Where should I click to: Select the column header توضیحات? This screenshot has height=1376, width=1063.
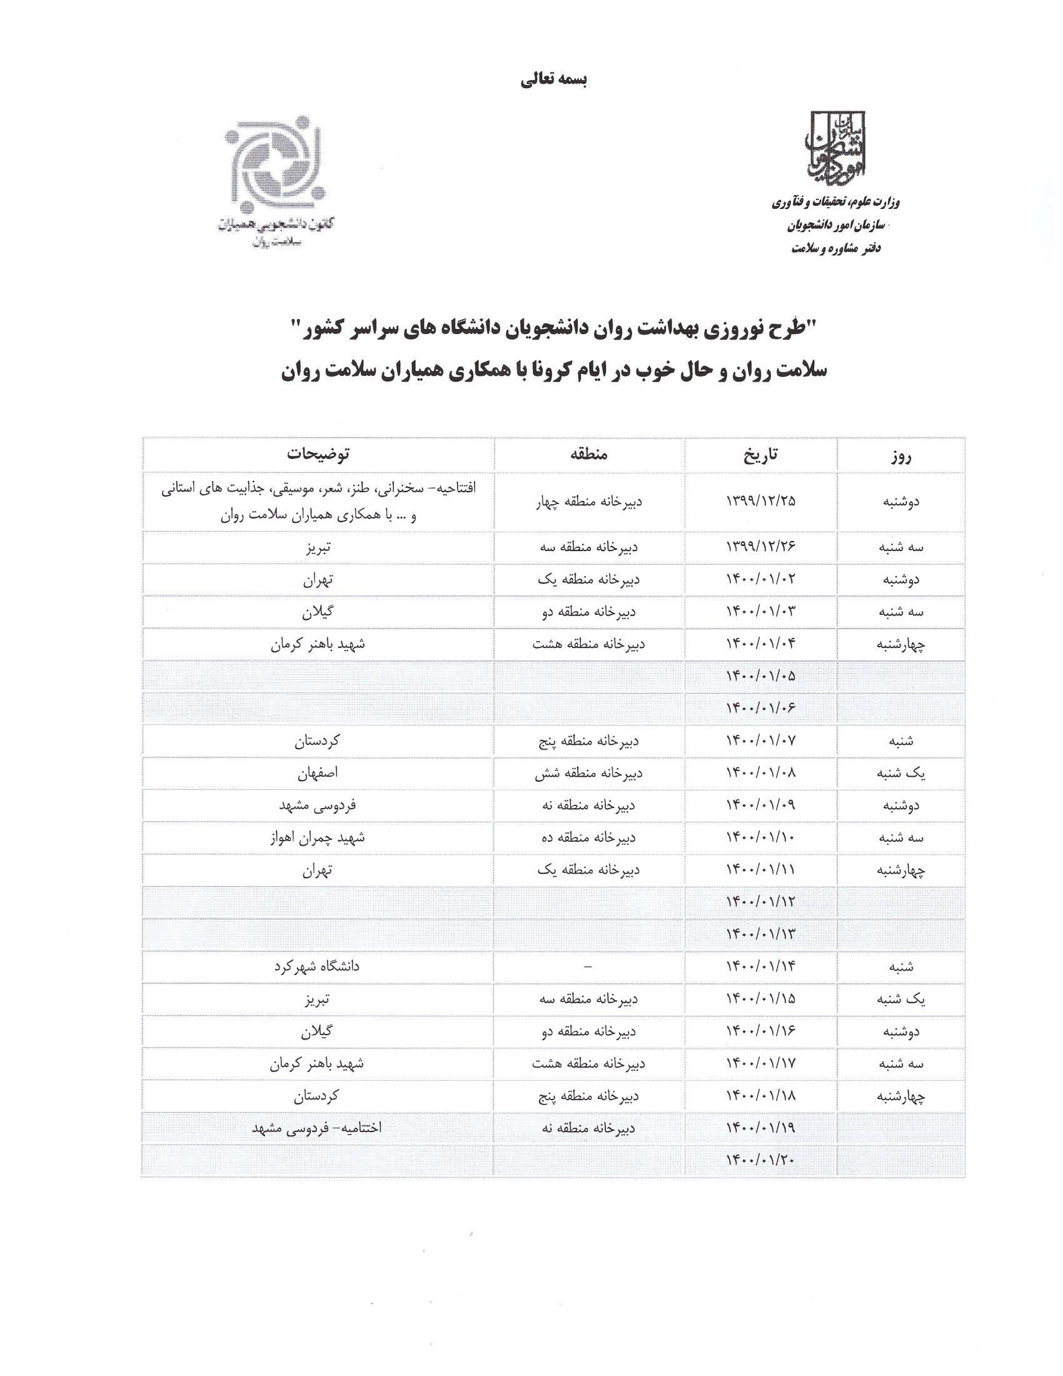click(319, 454)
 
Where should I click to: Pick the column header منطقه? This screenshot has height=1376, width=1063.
click(590, 454)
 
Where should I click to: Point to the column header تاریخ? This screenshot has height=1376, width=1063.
click(761, 454)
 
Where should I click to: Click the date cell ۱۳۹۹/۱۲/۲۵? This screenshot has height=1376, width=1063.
click(761, 502)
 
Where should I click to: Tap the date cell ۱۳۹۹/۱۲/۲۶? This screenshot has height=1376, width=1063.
click(761, 547)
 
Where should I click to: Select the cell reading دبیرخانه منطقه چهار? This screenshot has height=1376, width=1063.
click(590, 502)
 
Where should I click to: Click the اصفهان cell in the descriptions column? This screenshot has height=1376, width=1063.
click(319, 774)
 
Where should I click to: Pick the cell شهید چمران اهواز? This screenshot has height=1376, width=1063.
click(318, 838)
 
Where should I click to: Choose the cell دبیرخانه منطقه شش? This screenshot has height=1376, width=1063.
click(590, 774)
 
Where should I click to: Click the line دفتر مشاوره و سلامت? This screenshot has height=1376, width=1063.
click(835, 248)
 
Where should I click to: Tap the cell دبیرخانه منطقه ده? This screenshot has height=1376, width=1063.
click(590, 838)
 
